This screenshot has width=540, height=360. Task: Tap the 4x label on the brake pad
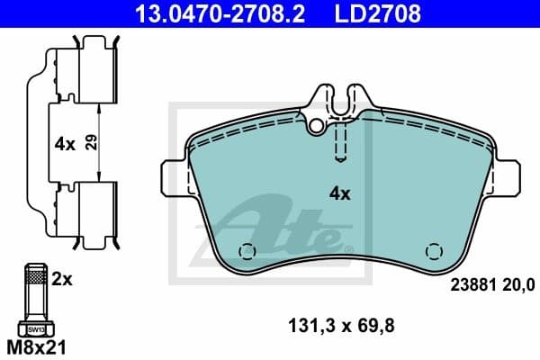coord(339,193)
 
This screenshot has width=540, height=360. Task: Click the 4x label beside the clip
coord(63,142)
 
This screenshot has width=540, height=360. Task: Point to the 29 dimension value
coord(90,142)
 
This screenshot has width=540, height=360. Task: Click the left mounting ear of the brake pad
coord(172,177)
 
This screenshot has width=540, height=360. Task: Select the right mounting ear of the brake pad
coord(507,177)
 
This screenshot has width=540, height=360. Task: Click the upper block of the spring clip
coord(94,76)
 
